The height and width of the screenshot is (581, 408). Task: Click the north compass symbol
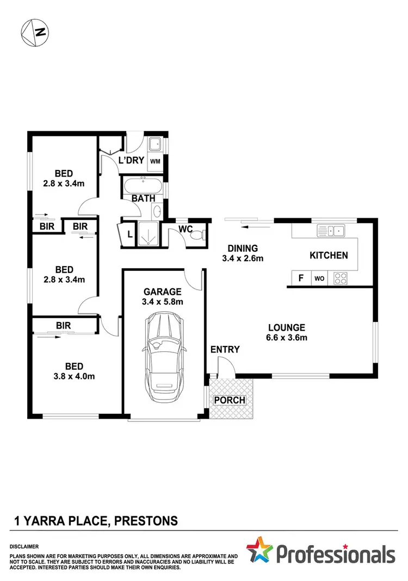33,32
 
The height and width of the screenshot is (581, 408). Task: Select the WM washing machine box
155,161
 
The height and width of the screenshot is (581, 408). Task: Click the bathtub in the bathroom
143,186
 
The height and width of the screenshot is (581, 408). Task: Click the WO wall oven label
319,279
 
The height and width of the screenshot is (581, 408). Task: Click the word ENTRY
225,349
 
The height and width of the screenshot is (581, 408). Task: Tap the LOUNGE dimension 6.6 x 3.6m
287,338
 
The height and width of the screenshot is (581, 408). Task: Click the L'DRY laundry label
131,161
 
